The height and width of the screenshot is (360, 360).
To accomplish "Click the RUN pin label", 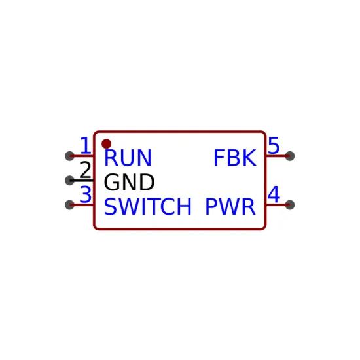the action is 128,158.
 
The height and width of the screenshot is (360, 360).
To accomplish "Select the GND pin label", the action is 129,182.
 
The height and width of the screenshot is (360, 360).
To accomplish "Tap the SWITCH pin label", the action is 148,207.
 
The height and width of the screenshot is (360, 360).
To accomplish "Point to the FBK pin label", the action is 235,158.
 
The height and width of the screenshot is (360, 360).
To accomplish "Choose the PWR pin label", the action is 230,207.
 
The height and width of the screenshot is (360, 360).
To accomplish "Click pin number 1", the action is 86,145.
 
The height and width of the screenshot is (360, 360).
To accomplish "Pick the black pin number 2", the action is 85,170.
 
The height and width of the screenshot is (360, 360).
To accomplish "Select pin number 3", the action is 85,194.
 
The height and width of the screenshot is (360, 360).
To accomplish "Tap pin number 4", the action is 274,194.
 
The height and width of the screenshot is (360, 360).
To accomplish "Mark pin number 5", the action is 274,145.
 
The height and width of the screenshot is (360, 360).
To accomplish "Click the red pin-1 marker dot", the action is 106,144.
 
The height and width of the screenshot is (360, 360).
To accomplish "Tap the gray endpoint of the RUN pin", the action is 70,156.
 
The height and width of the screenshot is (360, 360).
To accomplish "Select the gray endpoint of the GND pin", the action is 70,181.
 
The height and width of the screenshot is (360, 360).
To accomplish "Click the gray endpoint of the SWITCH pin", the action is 70,205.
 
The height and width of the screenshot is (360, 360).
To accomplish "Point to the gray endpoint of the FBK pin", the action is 290,156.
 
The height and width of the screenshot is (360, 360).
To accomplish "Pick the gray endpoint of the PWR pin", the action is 290,205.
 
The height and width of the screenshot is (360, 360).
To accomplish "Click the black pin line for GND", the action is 82,181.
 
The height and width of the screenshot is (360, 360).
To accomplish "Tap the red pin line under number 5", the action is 278,156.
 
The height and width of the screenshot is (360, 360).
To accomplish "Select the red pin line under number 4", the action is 278,205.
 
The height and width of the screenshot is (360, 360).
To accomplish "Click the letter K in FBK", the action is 250,158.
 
